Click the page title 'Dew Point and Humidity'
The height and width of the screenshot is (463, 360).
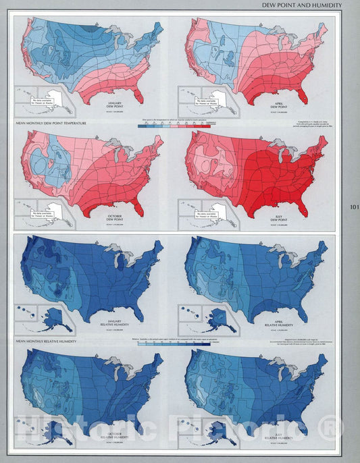click(x=301, y=5)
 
